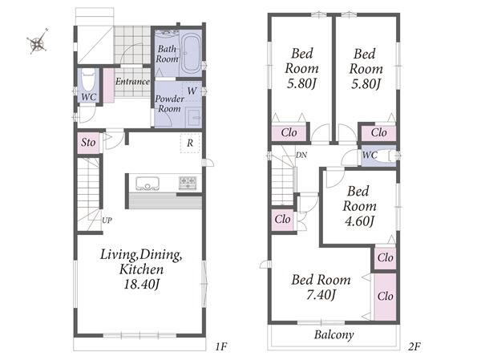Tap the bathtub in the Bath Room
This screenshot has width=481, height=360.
(x=191, y=55)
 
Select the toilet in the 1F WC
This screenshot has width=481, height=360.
(x=88, y=80)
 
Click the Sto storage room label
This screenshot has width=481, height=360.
(x=88, y=143)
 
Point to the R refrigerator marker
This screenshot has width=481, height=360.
(x=190, y=143)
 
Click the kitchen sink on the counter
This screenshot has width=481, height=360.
(x=148, y=184)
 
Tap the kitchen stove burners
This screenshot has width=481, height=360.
(x=188, y=183)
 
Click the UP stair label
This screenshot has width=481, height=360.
(x=107, y=220)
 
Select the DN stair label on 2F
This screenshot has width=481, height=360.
(x=301, y=156)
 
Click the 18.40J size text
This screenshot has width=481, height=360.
(x=142, y=284)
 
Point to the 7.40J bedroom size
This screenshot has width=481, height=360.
(x=321, y=294)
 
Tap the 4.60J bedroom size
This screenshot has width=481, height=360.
(x=359, y=221)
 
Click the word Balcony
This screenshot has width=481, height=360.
(x=334, y=334)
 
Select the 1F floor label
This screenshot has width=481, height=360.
(x=221, y=346)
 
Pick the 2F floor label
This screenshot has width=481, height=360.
(x=414, y=346)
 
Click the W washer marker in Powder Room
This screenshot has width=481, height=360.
(x=192, y=91)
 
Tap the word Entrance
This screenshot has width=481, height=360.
(x=132, y=81)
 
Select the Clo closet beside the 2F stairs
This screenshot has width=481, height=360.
(x=282, y=219)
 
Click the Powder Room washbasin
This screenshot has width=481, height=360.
(x=194, y=118)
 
